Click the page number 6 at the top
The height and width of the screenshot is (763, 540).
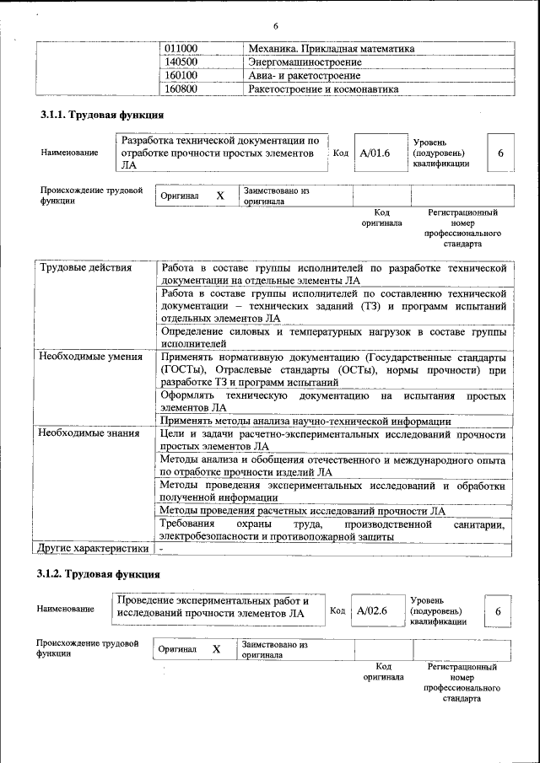pyautogui.click(x=275, y=26)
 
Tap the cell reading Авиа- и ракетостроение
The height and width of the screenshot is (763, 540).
pyautogui.click(x=304, y=75)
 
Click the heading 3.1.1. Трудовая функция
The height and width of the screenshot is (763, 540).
pyautogui.click(x=102, y=115)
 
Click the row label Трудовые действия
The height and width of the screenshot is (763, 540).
pyautogui.click(x=85, y=268)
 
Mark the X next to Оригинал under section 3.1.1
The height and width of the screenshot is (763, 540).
pyautogui.click(x=220, y=196)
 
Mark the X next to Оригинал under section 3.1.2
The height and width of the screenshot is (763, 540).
pyautogui.click(x=217, y=649)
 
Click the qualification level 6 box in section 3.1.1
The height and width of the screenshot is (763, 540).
pyautogui.click(x=500, y=153)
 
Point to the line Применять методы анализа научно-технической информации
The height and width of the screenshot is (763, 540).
pyautogui.click(x=305, y=421)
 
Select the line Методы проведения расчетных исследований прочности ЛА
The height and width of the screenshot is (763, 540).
pyautogui.click(x=302, y=510)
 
